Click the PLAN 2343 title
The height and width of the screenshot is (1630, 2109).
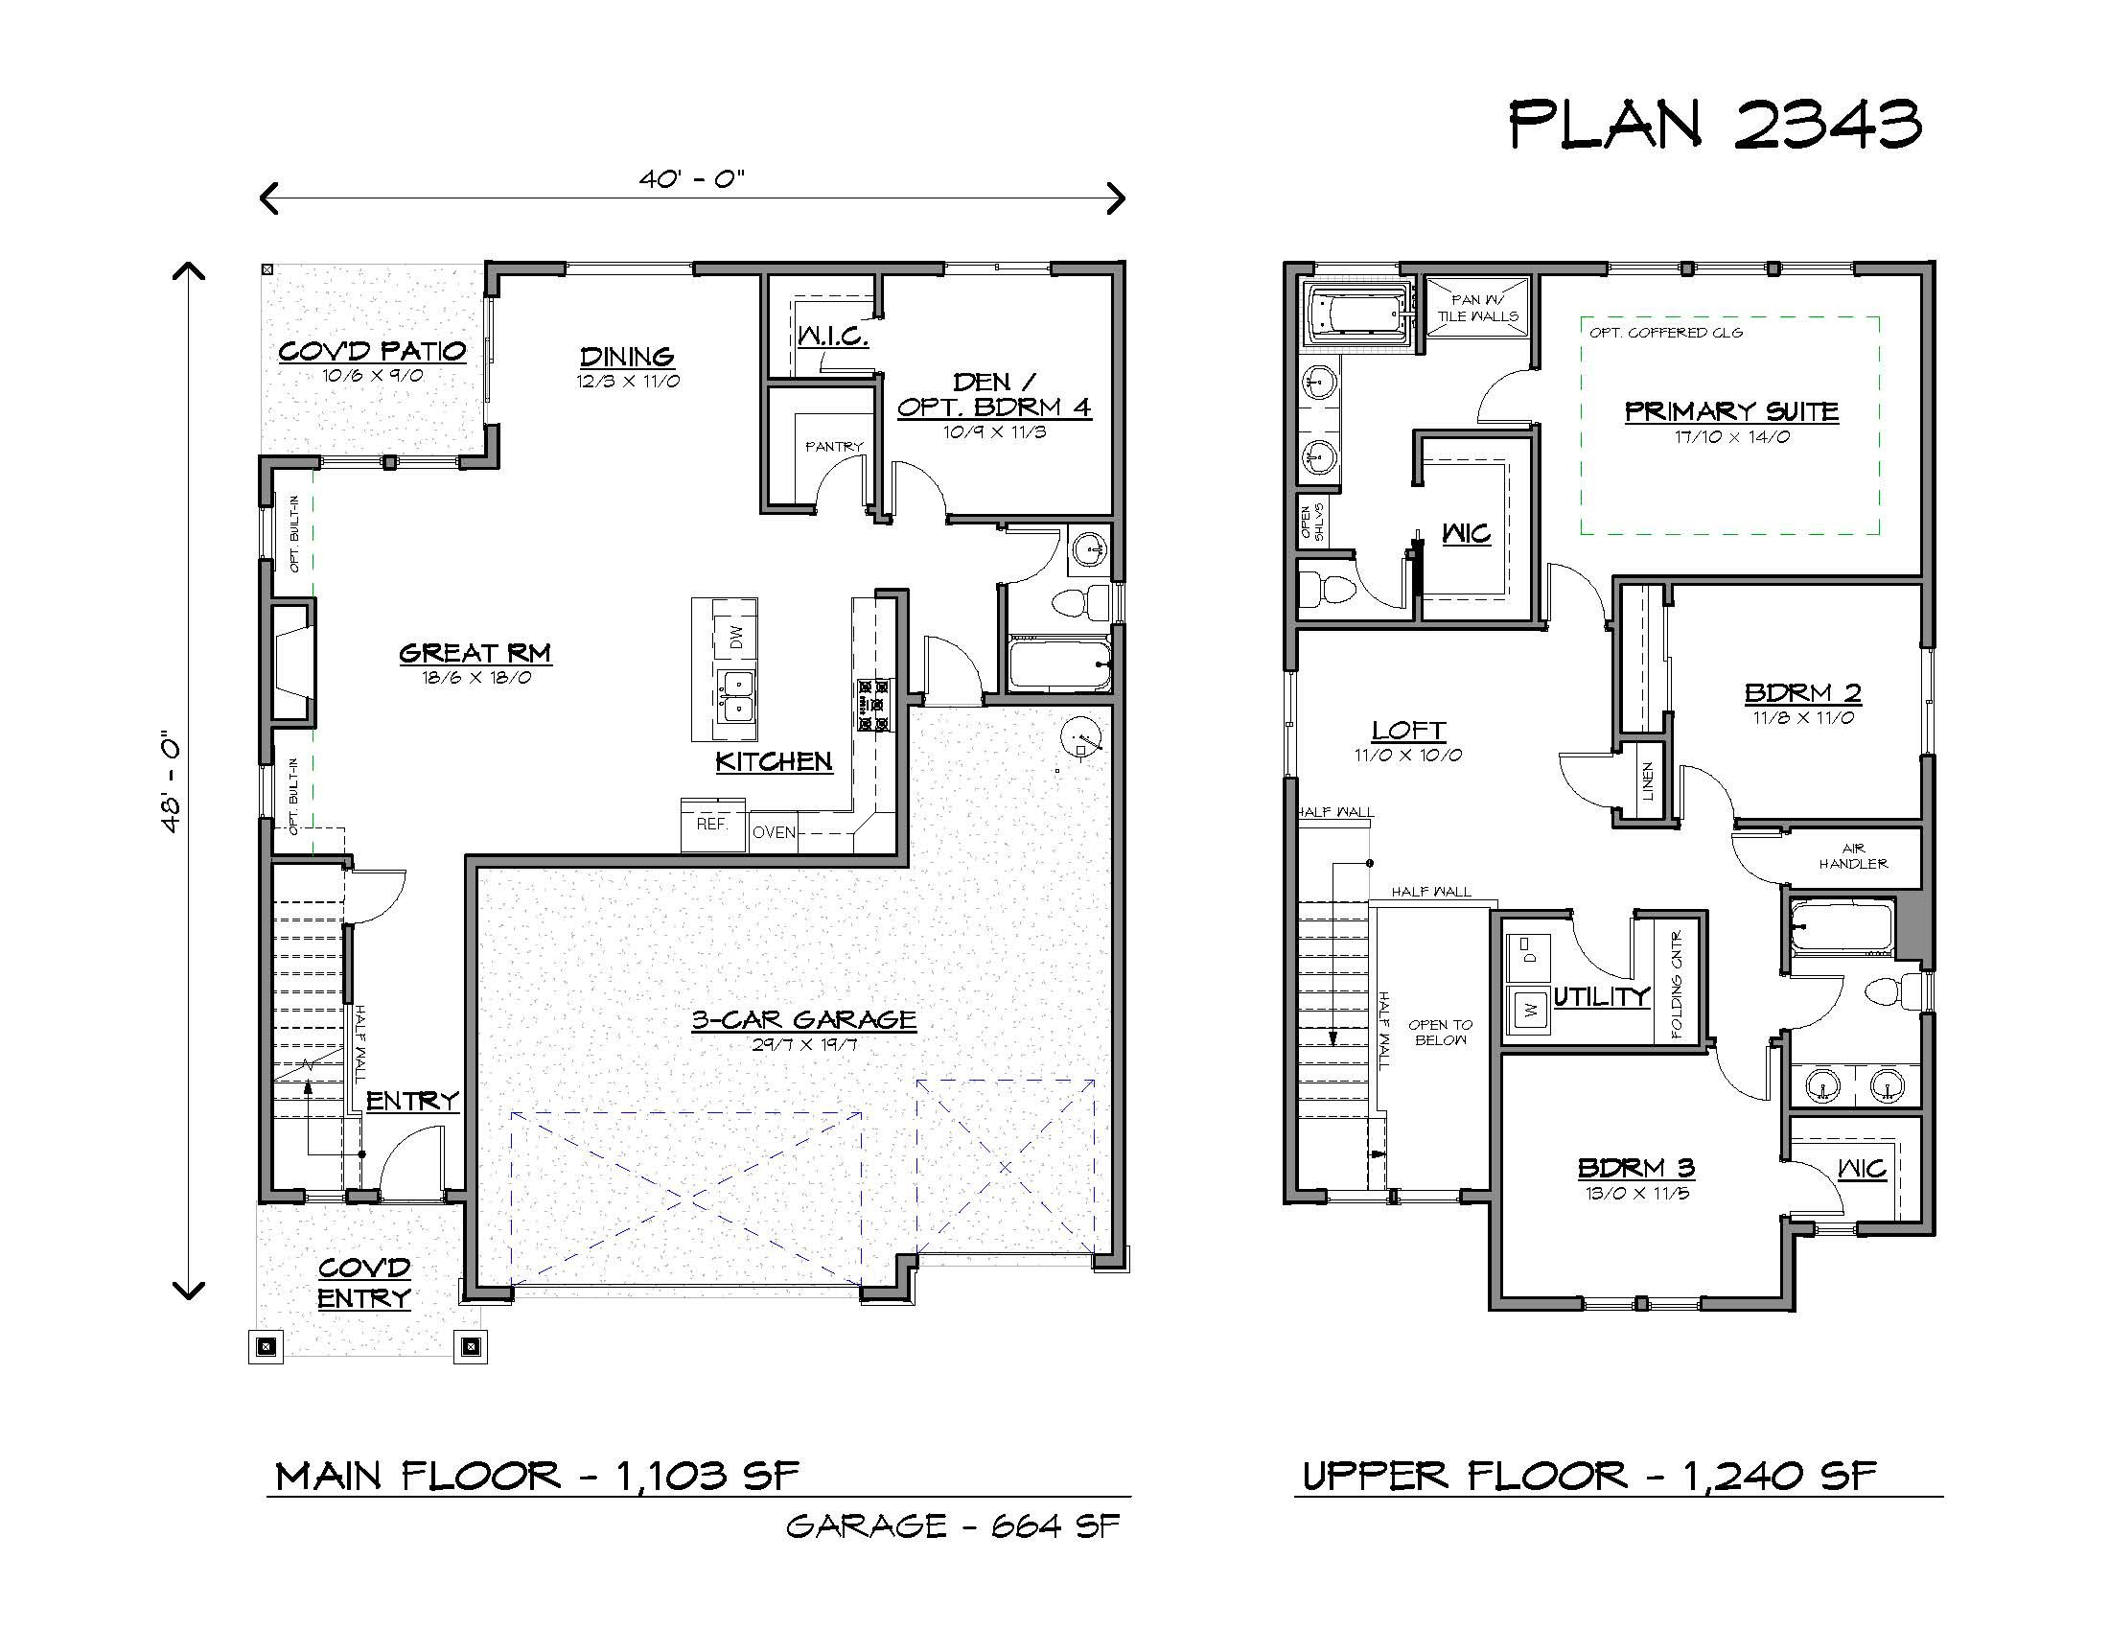tap(1715, 126)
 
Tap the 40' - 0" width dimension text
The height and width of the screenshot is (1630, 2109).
tap(691, 179)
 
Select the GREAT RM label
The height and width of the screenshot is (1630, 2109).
tap(475, 653)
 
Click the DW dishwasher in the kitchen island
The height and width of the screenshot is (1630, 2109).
tap(736, 637)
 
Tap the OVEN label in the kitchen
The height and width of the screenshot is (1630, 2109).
tap(774, 832)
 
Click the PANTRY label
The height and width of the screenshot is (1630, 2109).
tap(834, 446)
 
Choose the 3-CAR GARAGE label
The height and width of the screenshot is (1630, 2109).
tap(803, 1020)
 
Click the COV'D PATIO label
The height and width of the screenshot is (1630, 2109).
tap(372, 351)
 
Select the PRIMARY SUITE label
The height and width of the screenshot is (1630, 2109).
tap(1731, 411)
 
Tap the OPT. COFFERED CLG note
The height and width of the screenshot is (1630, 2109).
tap(1667, 332)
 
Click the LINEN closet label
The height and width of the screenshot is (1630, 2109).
tap(1647, 781)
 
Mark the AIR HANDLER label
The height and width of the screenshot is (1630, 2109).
tap(1853, 856)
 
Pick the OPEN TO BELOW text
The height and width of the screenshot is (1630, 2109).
tap(1440, 1033)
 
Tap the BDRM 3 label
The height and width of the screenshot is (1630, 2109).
tap(1635, 1168)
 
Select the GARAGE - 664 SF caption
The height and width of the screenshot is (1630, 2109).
tap(952, 1526)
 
